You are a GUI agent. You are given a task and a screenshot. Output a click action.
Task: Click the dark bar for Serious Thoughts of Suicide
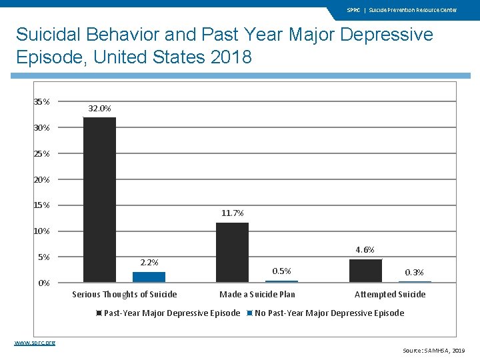click(99, 200)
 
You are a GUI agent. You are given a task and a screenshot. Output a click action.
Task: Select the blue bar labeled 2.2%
click(149, 277)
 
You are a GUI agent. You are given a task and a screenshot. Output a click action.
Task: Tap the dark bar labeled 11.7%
click(232, 252)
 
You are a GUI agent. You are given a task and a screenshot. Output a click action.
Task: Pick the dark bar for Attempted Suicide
click(365, 270)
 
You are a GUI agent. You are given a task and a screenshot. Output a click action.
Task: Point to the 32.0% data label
click(100, 108)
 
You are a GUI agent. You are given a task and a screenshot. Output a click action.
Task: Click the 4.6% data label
click(365, 249)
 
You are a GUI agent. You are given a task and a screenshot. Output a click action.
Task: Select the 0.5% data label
click(282, 271)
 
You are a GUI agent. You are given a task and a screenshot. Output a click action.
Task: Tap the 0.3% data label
click(415, 272)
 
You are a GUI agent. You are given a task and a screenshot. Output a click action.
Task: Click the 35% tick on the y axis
click(41, 102)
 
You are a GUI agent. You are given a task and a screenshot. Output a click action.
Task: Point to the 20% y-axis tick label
click(41, 179)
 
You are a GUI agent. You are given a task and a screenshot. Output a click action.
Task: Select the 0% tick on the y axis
click(43, 283)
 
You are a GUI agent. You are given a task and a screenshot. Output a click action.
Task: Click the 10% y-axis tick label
click(41, 231)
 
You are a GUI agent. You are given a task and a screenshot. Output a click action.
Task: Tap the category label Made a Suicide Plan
click(257, 295)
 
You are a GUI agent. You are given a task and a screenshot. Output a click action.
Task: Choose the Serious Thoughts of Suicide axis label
click(125, 295)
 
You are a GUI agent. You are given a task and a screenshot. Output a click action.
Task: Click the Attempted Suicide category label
click(390, 295)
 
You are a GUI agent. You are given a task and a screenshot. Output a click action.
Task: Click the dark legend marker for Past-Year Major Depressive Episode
click(99, 313)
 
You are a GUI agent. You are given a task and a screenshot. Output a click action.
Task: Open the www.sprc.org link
click(35, 342)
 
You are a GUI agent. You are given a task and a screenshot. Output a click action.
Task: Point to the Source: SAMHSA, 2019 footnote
click(433, 350)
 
